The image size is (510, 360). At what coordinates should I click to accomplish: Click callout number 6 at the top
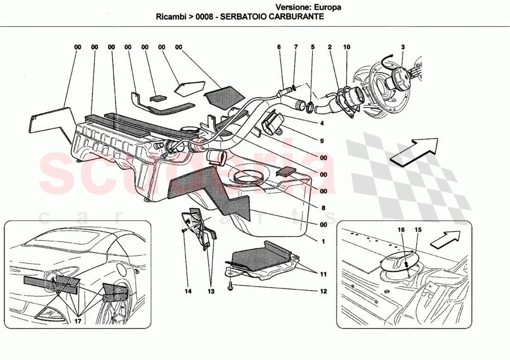click(x=279, y=47)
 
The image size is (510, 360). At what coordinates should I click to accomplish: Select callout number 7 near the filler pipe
click(x=295, y=47)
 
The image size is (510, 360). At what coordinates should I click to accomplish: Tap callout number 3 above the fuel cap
click(x=403, y=47)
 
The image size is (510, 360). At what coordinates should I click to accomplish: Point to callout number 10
click(x=347, y=47)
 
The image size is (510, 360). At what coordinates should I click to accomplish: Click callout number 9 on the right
click(x=321, y=141)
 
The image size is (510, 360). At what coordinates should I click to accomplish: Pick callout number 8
click(x=323, y=208)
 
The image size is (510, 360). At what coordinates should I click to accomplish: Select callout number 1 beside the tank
click(x=323, y=241)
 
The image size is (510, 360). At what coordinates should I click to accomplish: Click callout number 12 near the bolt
click(x=323, y=291)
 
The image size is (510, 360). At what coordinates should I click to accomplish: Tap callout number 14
click(x=188, y=291)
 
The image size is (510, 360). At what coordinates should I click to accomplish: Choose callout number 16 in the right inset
click(x=401, y=229)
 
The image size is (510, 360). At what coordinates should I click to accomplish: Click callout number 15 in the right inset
click(x=418, y=229)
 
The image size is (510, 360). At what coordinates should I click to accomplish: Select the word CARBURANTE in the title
click(x=298, y=17)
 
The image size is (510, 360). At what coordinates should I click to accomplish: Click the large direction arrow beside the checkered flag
click(x=414, y=151)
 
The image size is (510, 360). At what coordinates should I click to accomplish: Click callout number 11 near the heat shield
click(x=323, y=274)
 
